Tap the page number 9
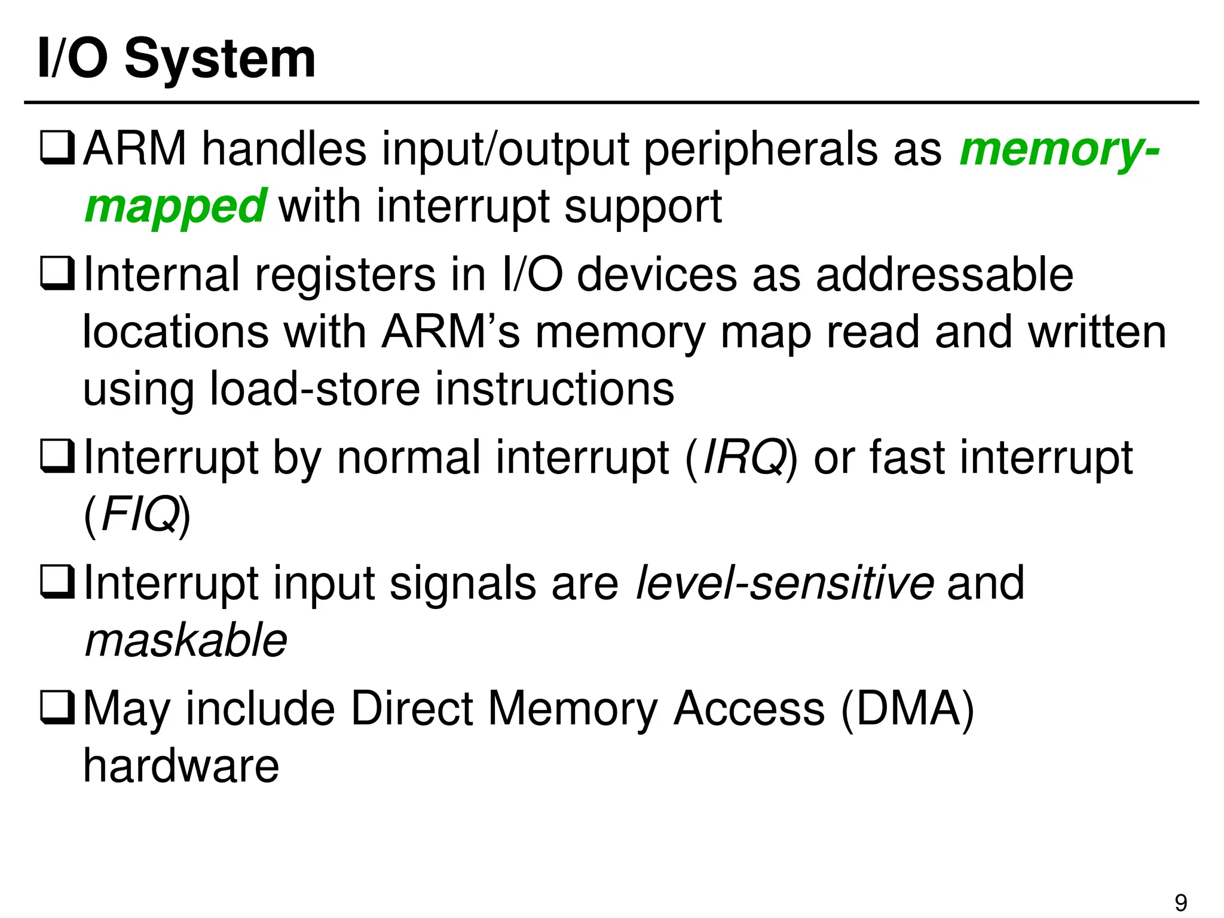1181,902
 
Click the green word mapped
175,207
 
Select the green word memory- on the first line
1059,149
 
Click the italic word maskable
186,640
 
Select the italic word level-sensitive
785,583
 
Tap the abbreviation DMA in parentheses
907,708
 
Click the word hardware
181,766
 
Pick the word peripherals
761,149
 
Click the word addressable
944,275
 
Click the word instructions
555,389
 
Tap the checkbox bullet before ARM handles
57,149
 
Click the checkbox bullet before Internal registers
57,275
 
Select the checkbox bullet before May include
57,708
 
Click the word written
1097,332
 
